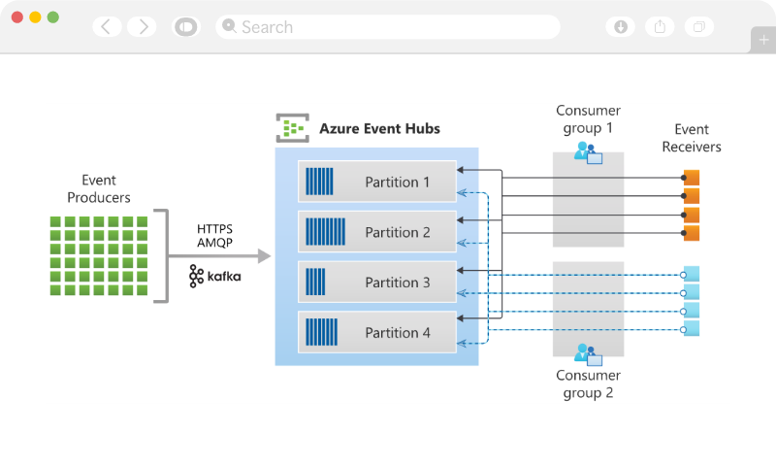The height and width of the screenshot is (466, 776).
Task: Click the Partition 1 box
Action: point(377,182)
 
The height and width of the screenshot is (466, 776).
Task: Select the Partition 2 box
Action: point(377,232)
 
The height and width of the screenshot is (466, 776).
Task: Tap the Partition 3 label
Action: point(398,283)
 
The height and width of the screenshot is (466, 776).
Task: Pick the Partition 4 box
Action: point(377,333)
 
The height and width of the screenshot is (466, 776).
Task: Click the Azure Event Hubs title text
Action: point(379,128)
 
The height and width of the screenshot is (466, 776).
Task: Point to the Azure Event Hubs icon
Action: point(292,128)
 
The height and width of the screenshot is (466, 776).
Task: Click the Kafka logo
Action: point(215,276)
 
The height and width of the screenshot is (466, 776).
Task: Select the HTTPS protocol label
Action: point(215,229)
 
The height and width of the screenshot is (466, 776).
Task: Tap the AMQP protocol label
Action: point(215,244)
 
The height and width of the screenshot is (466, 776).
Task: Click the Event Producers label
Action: point(98,188)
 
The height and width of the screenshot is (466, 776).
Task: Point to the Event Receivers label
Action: point(692,138)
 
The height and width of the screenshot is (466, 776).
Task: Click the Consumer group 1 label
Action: point(588,119)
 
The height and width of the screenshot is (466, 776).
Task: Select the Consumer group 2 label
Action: point(588,384)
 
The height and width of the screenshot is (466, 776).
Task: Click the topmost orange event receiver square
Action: point(692,177)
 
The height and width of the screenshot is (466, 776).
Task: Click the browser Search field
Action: point(388,27)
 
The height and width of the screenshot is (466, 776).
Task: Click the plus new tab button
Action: point(763,40)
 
